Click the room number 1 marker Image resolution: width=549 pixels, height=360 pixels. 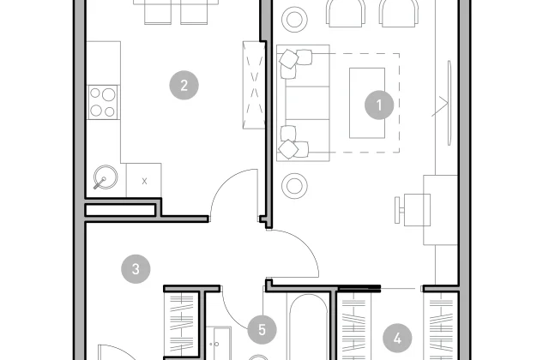point(379,105)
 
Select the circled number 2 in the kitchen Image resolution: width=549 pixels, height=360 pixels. point(184,85)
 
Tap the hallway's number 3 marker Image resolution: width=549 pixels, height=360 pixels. point(136,268)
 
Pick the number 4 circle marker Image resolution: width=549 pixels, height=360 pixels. point(397,339)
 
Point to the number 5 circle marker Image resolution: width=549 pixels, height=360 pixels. point(262,329)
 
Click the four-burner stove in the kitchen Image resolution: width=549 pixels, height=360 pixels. point(103,102)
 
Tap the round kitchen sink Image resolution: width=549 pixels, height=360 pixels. point(106,177)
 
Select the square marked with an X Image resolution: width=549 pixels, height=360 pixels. point(144,181)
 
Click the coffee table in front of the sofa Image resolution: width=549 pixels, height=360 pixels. point(367,103)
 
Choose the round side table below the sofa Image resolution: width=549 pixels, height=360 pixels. point(294,186)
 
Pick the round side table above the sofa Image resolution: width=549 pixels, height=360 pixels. point(294,19)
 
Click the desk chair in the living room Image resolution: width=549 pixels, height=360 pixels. point(413,210)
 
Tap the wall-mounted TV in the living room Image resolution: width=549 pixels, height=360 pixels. point(449,103)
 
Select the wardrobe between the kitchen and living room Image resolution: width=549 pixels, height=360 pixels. point(254,85)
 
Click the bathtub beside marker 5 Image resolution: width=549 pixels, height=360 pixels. point(308,327)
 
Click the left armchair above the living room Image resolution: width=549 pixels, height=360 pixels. point(346,13)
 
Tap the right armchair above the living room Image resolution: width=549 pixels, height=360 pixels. point(399,13)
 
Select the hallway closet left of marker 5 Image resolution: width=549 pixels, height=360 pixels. point(181,324)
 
